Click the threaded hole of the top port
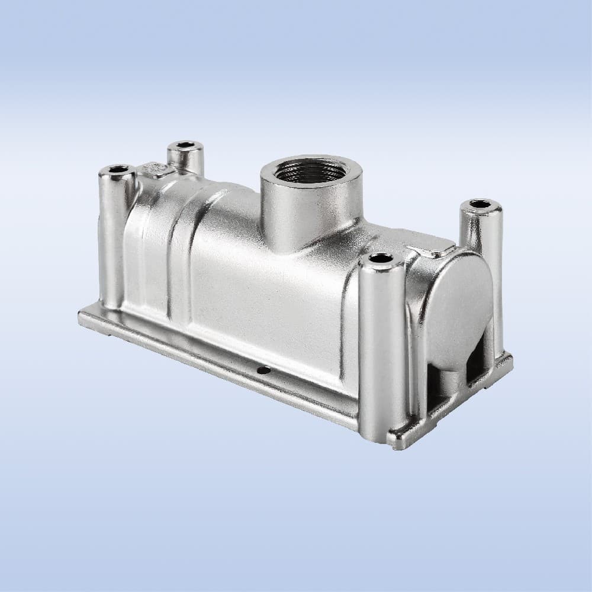pos(310,171)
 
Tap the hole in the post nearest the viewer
pos(379,258)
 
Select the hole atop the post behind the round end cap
pos(480,204)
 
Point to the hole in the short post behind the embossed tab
pos(185,144)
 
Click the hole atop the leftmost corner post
pos(118,169)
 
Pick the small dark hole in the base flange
pos(263,370)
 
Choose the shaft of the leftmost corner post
pos(112,237)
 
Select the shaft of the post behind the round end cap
pos(482,237)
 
